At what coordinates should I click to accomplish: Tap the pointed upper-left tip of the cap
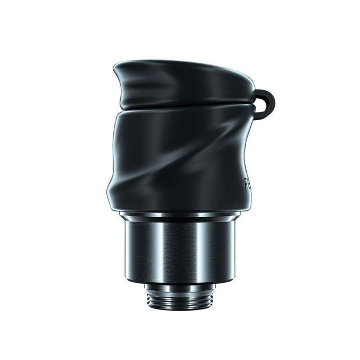[x=116, y=64]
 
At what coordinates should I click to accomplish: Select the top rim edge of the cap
[x=186, y=62]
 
